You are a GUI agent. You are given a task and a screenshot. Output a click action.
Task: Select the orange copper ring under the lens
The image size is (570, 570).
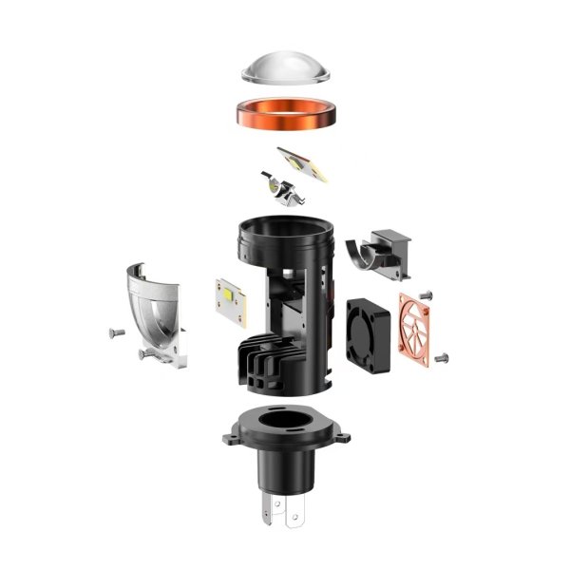click(x=284, y=116)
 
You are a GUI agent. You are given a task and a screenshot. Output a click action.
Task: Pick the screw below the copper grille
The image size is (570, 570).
click(x=444, y=358)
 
